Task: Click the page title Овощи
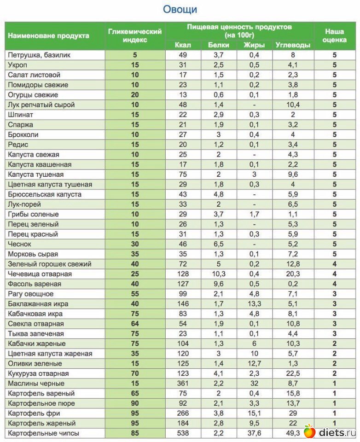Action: (x=180, y=9)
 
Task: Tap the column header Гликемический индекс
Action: (x=135, y=35)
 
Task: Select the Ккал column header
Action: (x=183, y=45)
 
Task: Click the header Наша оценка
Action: (x=335, y=35)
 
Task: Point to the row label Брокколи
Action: (x=23, y=135)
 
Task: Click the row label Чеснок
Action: (x=20, y=244)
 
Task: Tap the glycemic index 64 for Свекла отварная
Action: (x=135, y=324)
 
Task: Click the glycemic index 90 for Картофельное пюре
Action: (x=135, y=403)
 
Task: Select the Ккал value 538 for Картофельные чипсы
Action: (x=183, y=433)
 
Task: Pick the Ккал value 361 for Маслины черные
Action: (x=183, y=384)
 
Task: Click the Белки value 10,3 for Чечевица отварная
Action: (x=219, y=274)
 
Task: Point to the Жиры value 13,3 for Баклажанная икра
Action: (x=254, y=304)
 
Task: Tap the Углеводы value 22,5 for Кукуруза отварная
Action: (x=293, y=373)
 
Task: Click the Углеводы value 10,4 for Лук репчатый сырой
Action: (x=293, y=105)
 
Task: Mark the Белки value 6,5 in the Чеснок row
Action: (x=219, y=244)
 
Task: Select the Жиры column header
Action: (x=254, y=45)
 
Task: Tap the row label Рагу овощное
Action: (x=31, y=294)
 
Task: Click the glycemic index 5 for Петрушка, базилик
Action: (x=135, y=55)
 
